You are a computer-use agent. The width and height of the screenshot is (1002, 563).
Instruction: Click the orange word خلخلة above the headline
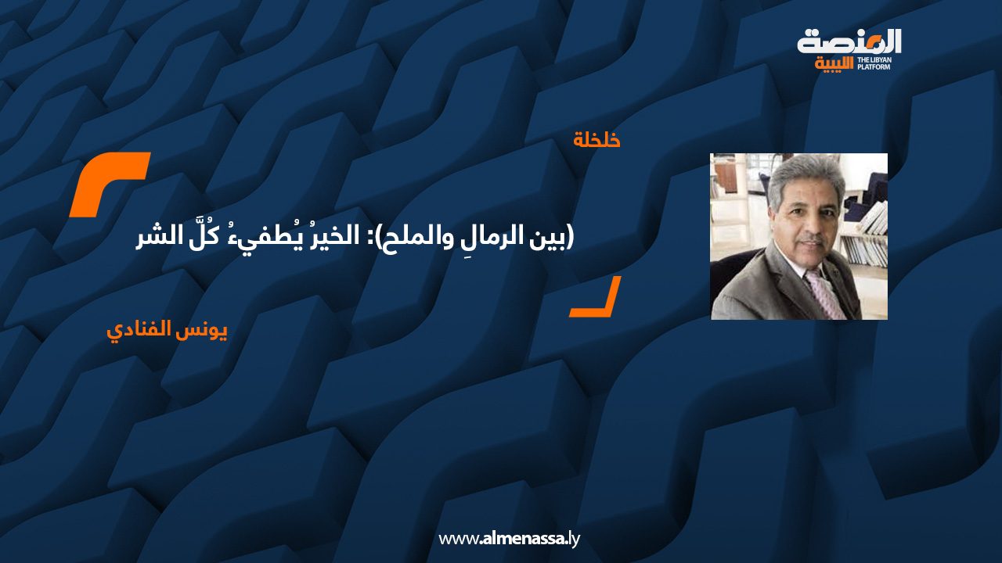(x=597, y=141)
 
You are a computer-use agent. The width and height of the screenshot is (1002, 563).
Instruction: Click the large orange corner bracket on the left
(x=109, y=185)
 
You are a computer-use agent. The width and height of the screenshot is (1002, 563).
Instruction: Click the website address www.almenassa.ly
(x=509, y=539)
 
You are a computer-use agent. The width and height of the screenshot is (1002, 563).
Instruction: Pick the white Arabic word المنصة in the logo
(x=849, y=41)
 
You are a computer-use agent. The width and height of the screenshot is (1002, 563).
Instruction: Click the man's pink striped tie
(x=826, y=292)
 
